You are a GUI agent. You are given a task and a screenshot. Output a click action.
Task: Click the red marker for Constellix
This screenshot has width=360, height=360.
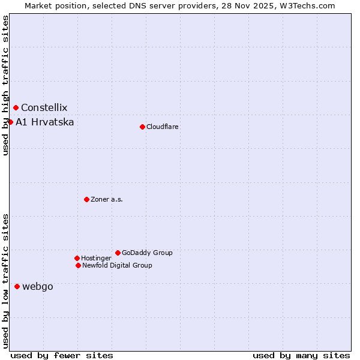click(x=16, y=108)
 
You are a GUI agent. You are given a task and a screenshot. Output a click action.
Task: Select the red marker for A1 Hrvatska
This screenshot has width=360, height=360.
click(x=10, y=122)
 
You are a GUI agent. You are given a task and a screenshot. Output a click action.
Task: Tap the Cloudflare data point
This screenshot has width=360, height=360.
click(x=142, y=127)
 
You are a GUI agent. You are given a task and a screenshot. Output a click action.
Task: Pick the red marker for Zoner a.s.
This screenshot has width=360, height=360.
click(x=86, y=199)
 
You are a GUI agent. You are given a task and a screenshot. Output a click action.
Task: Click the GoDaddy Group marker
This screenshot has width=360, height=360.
click(x=118, y=253)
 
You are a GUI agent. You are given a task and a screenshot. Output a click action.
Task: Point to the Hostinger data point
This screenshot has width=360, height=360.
click(x=77, y=258)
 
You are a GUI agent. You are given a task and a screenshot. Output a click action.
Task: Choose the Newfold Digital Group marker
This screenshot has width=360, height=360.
click(x=78, y=265)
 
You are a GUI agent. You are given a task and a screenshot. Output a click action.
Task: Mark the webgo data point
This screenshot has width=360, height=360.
click(x=17, y=287)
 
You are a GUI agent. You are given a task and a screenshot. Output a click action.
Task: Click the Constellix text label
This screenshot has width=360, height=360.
click(x=44, y=108)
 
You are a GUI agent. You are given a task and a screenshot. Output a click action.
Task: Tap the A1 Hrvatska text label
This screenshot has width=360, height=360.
click(x=45, y=122)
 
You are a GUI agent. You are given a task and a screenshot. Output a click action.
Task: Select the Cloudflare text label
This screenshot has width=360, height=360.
click(x=163, y=127)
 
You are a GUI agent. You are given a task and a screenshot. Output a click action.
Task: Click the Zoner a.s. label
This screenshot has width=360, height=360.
click(x=107, y=200)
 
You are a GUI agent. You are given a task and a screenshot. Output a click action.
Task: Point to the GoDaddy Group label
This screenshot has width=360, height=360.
click(x=147, y=253)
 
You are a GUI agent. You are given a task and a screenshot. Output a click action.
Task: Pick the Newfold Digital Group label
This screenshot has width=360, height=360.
click(x=117, y=266)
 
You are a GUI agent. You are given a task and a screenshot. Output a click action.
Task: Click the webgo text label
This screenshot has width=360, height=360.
click(x=37, y=287)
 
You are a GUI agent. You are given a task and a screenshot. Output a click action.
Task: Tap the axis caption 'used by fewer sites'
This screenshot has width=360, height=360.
click(x=62, y=355)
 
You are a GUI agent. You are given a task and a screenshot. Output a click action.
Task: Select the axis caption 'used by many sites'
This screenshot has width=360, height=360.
click(x=301, y=355)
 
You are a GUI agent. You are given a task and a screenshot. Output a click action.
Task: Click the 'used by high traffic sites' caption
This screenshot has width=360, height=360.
click(x=5, y=86)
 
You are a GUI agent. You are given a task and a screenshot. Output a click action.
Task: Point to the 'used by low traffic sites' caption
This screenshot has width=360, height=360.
click(x=5, y=280)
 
